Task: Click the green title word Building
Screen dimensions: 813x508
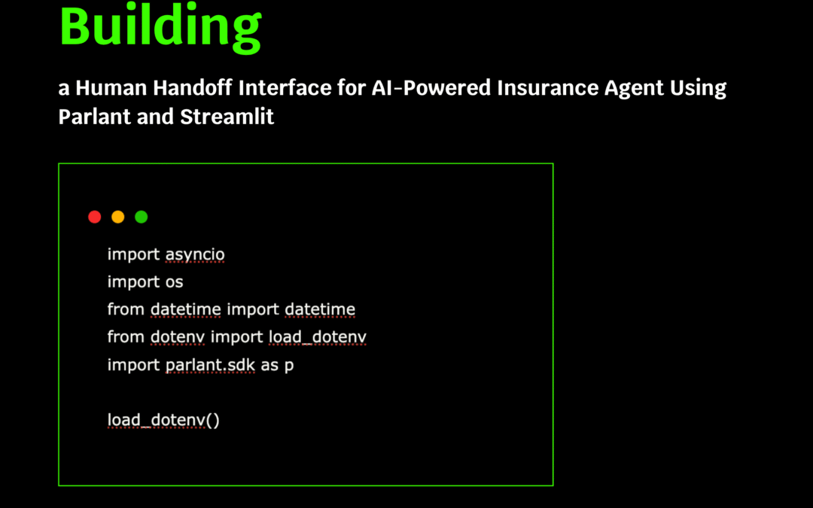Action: (160, 27)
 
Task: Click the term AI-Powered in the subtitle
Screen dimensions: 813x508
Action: (431, 87)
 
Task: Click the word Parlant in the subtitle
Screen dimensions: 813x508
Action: (94, 117)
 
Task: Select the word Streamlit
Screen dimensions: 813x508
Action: (227, 117)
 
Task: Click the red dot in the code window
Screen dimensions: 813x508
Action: (94, 217)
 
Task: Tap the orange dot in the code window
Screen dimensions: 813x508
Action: (117, 217)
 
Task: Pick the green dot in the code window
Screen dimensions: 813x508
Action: (141, 217)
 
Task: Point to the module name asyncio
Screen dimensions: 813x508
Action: (195, 255)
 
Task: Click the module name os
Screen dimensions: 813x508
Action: (174, 282)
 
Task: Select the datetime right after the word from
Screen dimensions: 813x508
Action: (186, 309)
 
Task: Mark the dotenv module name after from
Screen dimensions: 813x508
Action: (178, 337)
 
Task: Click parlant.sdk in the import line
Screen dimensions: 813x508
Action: (210, 366)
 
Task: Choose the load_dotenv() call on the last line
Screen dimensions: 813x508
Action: (163, 420)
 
